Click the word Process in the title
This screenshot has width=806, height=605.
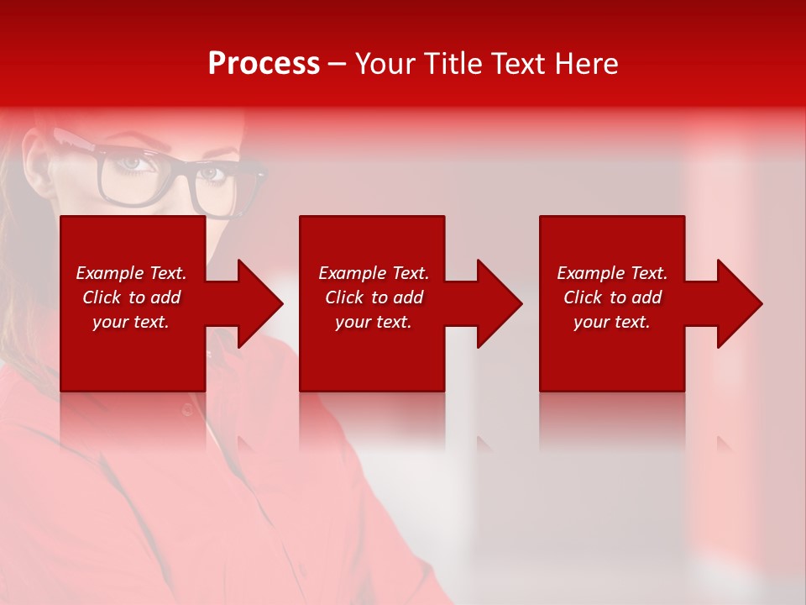264,64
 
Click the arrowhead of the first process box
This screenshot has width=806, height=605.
259,303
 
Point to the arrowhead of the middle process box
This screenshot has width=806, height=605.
498,303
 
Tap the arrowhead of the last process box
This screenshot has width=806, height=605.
738,303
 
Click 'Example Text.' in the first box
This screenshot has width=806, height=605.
131,273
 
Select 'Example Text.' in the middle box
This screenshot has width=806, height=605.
374,273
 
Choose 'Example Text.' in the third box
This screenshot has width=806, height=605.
612,273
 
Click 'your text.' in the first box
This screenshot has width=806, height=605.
131,322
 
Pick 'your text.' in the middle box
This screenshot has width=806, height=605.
374,322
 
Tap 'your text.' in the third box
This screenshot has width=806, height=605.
612,322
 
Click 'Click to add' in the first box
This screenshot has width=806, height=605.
131,297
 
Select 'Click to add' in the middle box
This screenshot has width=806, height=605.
374,297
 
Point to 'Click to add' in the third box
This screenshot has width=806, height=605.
612,297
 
